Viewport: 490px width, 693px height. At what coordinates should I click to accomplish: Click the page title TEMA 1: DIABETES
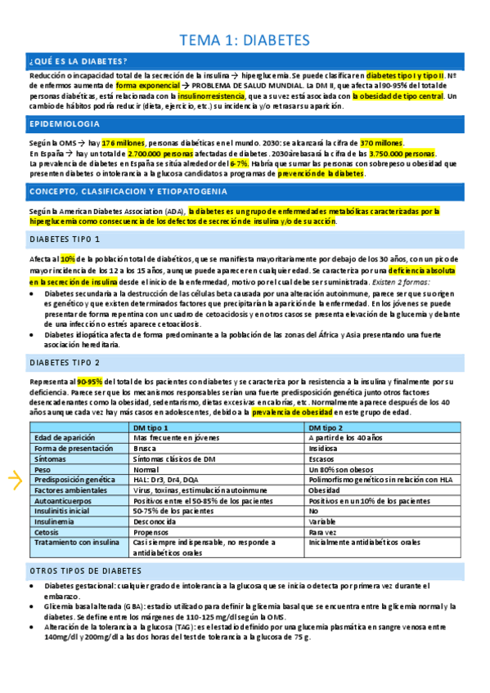pos(244,39)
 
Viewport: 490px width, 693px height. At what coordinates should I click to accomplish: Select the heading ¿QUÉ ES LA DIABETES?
pos(78,61)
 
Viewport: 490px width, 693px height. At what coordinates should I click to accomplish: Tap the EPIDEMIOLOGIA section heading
pos(65,124)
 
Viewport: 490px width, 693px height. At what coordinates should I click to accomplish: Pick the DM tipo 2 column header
pos(326,428)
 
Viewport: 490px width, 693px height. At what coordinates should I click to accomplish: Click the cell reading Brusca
pos(145,449)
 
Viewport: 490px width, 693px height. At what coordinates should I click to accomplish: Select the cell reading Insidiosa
pos(324,449)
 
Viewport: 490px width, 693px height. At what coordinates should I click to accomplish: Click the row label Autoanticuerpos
pos(63,501)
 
